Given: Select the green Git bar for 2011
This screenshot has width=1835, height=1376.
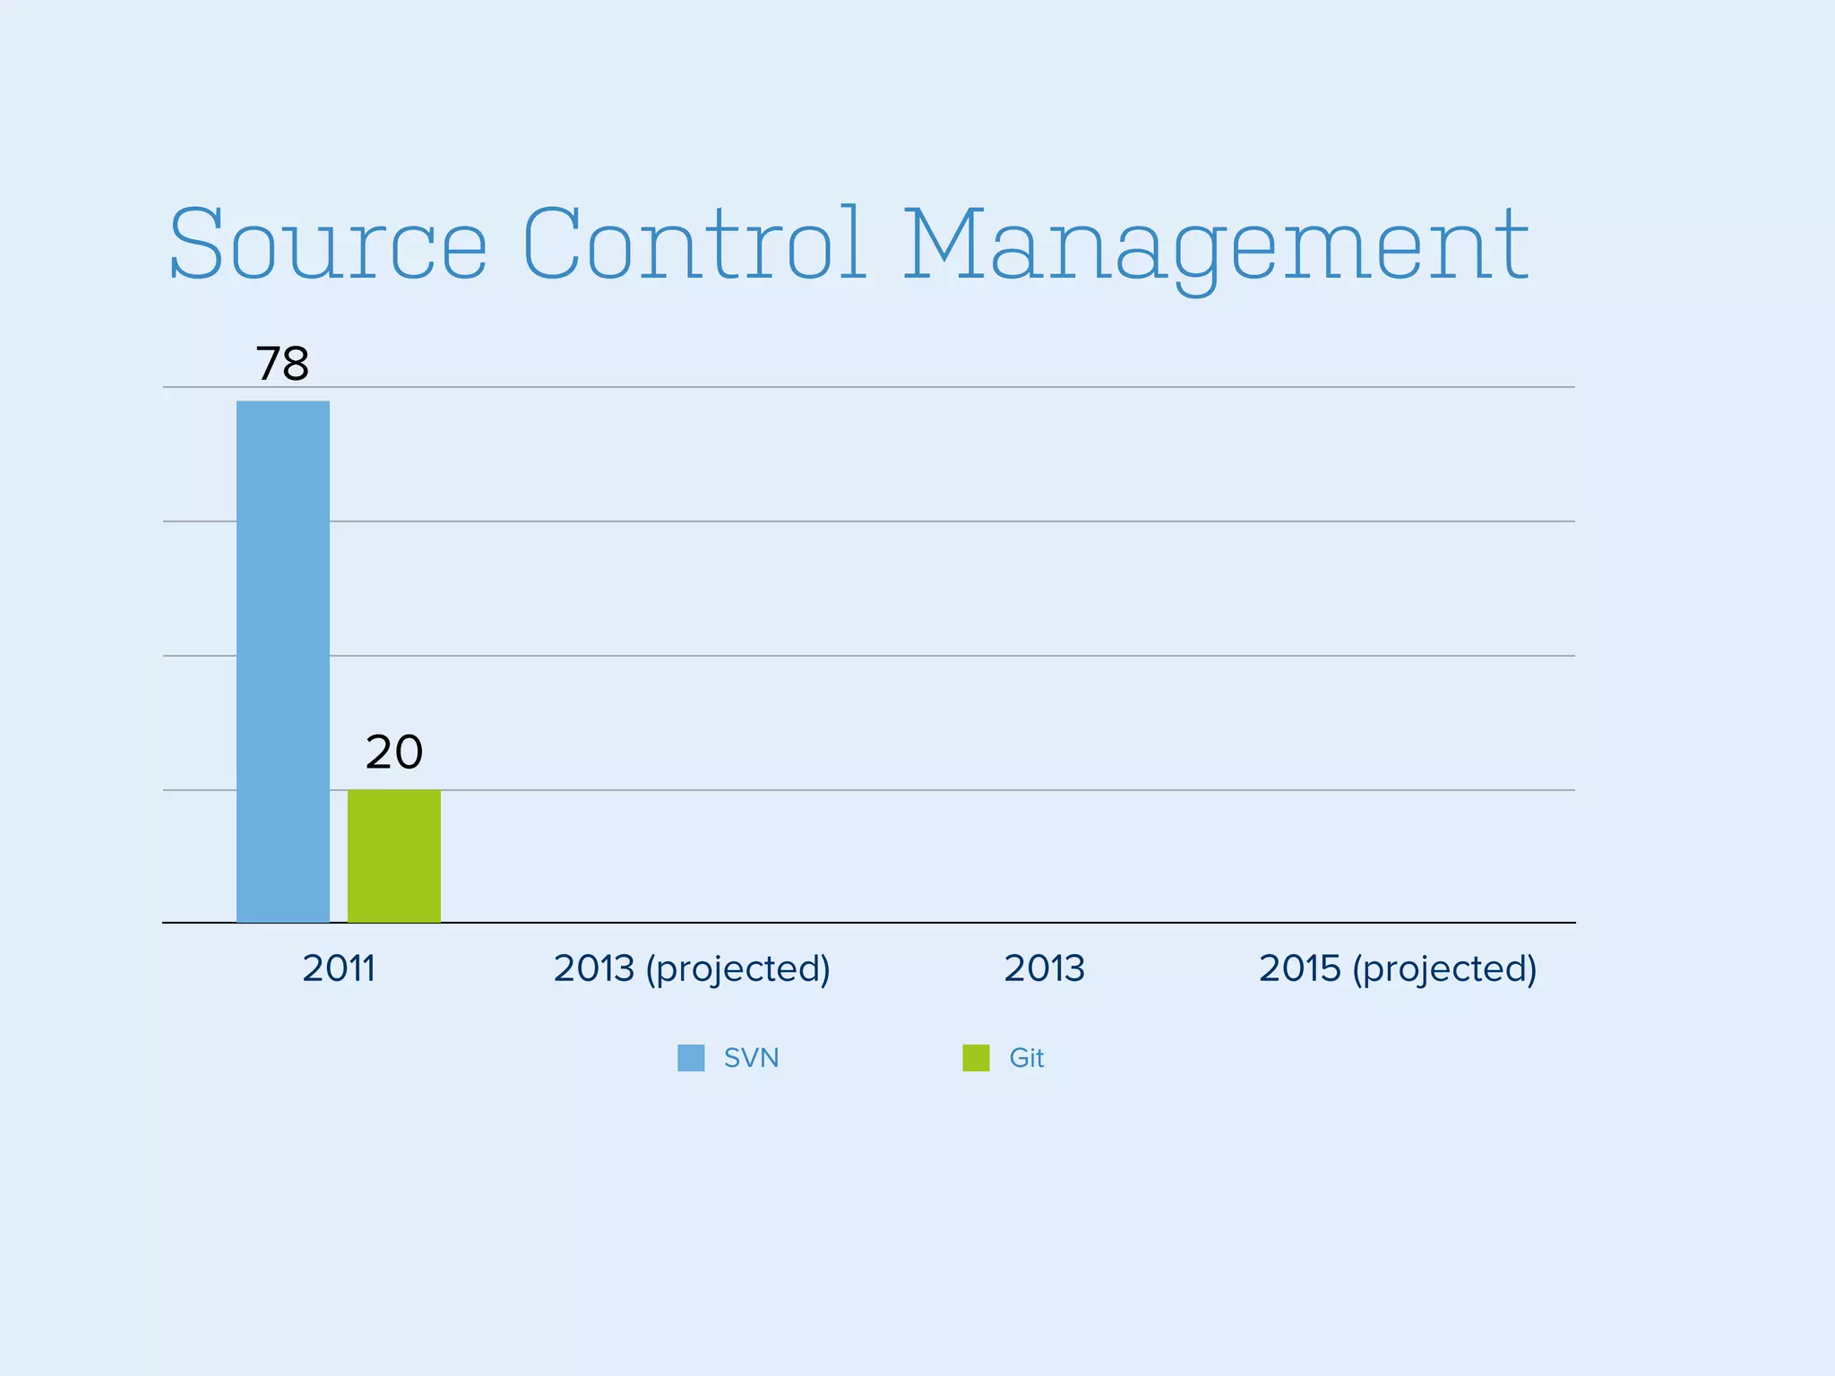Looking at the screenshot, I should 394,856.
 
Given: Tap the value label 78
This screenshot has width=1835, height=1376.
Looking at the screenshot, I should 283,364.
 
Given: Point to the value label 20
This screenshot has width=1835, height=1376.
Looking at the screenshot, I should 394,752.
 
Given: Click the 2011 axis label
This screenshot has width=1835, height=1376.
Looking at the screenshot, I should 339,968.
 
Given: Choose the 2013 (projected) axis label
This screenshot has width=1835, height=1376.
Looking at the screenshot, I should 692,968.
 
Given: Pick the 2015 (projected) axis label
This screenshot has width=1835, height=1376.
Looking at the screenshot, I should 1398,968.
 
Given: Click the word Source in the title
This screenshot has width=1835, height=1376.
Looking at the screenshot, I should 328,245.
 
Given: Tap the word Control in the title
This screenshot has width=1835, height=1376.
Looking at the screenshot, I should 694,245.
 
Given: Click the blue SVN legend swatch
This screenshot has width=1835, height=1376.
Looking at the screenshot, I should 691,1058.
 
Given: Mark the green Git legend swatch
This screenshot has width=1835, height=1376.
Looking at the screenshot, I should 976,1058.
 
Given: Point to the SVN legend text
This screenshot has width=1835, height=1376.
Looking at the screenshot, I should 751,1058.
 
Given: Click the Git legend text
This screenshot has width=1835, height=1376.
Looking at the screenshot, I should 1027,1058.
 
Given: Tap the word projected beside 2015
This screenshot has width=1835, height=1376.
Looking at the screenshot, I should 1444,969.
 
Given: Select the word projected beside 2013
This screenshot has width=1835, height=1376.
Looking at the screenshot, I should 738,969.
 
